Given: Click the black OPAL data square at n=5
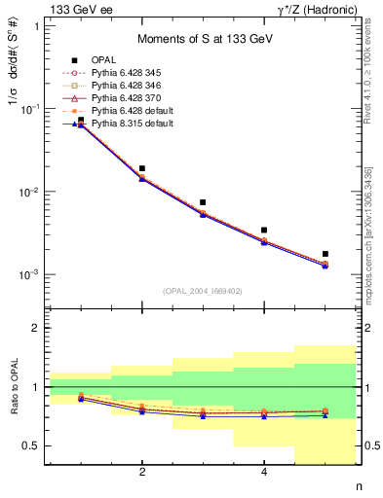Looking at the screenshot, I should tap(326, 254).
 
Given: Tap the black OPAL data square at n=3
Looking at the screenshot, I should tap(203, 202).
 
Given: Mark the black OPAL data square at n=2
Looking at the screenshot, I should tap(142, 168).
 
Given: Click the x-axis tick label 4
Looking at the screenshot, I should tap(264, 473).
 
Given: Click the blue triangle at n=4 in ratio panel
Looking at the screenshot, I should tap(264, 416).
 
